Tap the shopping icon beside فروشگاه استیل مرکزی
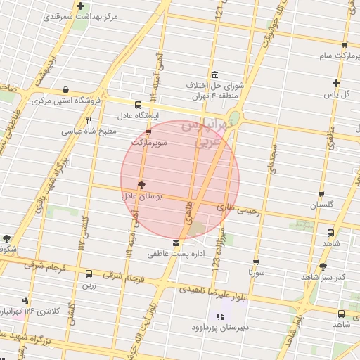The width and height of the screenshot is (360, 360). click(65, 90)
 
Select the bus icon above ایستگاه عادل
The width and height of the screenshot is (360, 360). click(138, 103)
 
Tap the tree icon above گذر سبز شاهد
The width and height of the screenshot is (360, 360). click(323, 266)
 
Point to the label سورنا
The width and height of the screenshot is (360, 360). click(255, 271)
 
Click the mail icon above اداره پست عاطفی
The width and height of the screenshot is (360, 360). click(176, 243)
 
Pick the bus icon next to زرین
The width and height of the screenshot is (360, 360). click(89, 274)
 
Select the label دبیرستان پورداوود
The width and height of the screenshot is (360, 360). click(219, 328)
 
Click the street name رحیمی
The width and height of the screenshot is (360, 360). click(248, 210)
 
